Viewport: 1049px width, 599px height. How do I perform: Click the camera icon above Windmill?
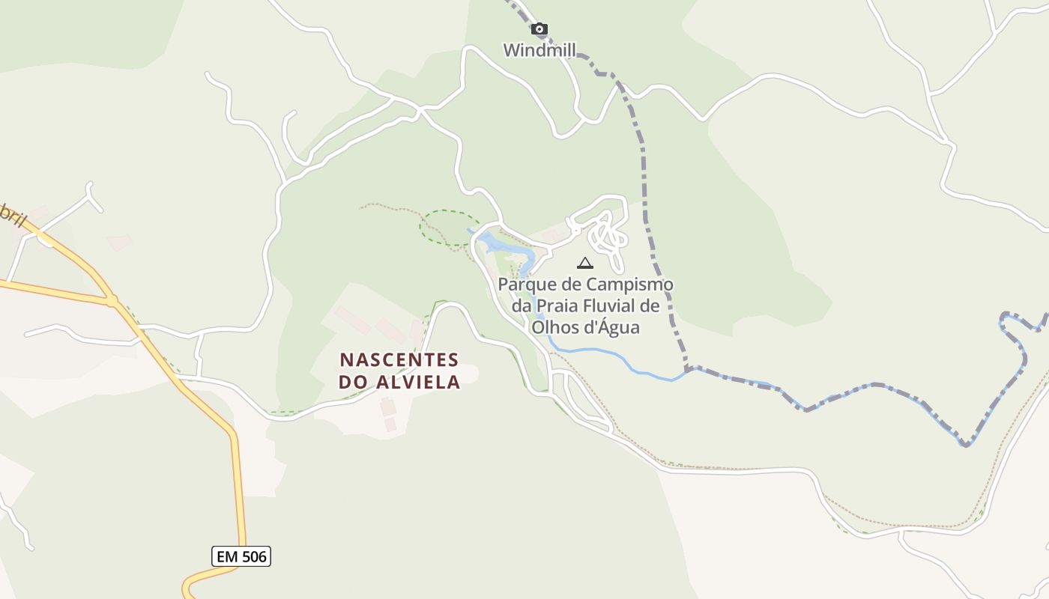539,29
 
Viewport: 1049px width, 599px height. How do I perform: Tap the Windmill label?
539,50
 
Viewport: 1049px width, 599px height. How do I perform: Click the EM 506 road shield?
241,556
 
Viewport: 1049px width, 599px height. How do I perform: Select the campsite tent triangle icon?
585,263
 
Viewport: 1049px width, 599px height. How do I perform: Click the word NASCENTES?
399,359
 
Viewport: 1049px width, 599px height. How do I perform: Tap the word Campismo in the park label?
630,285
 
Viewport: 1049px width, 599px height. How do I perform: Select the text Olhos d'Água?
586,327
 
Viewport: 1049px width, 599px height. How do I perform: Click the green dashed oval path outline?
450,227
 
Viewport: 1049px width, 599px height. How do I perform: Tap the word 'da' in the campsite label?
522,306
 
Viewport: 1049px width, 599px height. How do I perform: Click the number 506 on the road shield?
253,556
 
